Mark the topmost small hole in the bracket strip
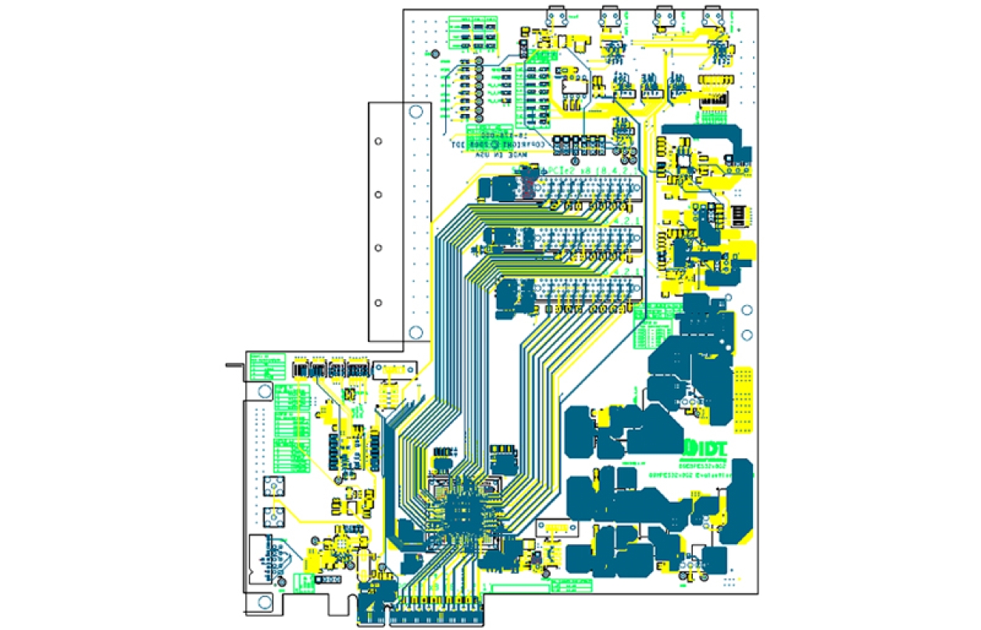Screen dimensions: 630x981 (x=379, y=141)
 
